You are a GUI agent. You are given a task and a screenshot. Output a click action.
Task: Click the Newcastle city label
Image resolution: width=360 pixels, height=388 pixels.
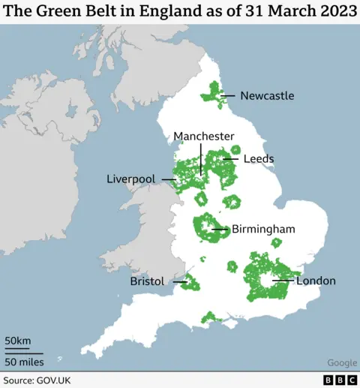(267, 95)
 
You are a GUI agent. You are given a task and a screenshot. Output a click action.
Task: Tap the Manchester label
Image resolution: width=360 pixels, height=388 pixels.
(204, 136)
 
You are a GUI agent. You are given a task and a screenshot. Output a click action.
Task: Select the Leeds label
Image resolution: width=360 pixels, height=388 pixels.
(258, 159)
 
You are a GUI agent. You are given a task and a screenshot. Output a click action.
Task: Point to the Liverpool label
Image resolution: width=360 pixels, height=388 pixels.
(130, 179)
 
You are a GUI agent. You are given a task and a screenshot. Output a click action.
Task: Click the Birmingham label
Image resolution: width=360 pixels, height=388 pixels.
(263, 229)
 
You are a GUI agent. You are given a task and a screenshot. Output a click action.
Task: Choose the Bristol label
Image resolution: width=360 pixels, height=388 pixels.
(146, 281)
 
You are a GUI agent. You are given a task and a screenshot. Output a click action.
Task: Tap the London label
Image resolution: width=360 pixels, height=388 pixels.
(316, 281)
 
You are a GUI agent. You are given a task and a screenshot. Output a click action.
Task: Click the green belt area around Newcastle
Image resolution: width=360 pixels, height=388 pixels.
(213, 94)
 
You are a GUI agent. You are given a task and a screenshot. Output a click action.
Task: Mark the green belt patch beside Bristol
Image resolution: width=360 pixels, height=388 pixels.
(190, 284)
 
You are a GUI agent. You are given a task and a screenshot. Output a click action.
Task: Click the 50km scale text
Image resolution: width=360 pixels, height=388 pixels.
(18, 341)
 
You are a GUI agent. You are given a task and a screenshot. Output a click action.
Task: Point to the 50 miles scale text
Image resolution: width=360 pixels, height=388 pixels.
(24, 362)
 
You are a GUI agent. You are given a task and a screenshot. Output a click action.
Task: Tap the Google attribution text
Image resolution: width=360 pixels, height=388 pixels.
(341, 363)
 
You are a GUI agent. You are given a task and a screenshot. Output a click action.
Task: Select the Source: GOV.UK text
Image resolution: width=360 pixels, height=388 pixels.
(37, 380)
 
